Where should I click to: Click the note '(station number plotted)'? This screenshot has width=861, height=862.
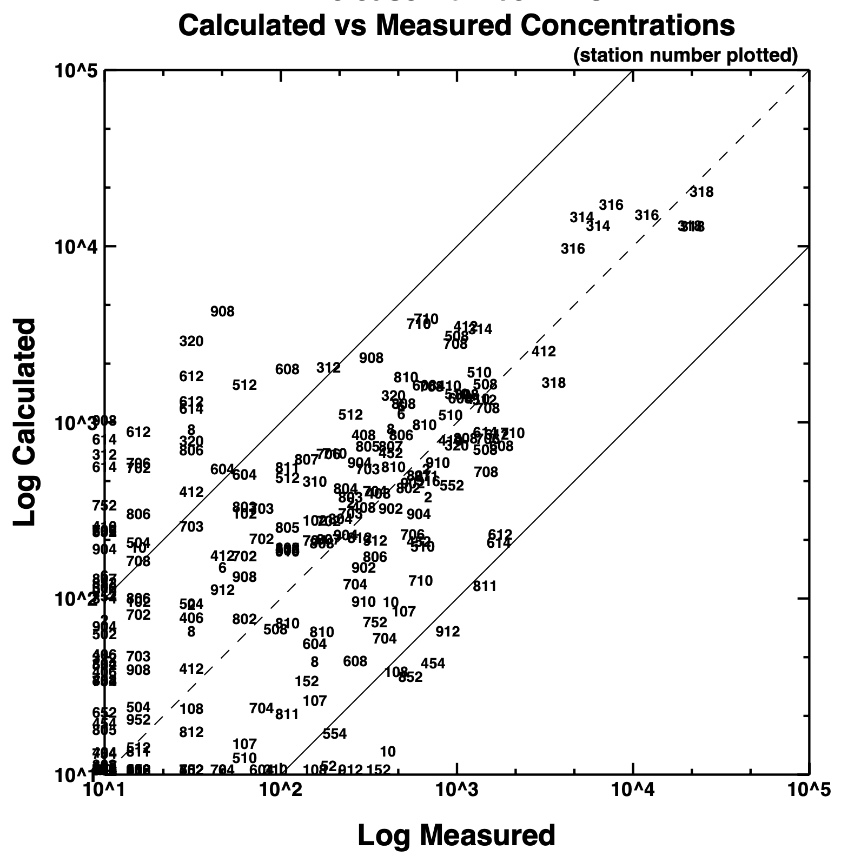pos(685,55)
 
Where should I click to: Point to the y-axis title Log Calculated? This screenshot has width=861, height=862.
pos(24,422)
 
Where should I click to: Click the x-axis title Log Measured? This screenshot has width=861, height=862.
pos(456,834)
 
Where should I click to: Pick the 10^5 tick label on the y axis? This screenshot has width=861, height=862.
pos(76,71)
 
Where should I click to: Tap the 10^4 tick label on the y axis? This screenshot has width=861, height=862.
pos(76,247)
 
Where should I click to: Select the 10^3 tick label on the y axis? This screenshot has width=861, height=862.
pos(74,423)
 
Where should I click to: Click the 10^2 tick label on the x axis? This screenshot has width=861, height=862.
pos(281,790)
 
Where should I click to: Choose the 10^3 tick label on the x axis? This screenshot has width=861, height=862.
pos(457,790)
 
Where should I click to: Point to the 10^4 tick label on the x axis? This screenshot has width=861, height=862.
pos(633,790)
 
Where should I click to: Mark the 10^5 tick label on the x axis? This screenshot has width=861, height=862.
pos(809,790)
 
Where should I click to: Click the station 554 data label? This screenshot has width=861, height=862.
pos(334,734)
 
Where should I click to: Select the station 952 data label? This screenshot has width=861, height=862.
pos(138,720)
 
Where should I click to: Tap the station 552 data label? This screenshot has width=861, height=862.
pos(452,486)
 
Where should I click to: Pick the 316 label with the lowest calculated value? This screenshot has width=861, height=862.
pos(573,249)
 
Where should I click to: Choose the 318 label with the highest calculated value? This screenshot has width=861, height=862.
pos(701,192)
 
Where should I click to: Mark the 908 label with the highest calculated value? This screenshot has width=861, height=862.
pos(222,311)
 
